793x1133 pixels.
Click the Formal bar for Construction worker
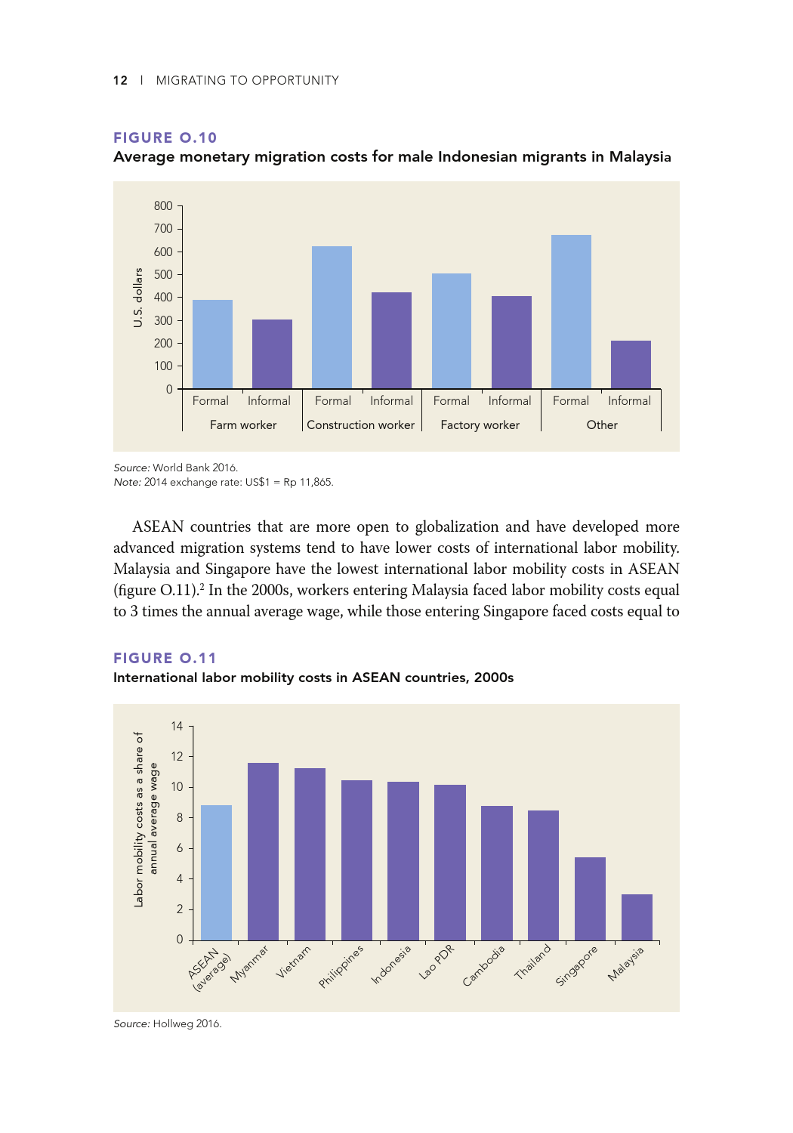332,317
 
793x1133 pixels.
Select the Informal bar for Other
631,365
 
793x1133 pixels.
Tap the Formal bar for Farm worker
212,344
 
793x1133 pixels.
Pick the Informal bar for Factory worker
511,342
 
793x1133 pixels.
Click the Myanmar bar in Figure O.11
263,851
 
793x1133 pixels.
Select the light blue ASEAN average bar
216,872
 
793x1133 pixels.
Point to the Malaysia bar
637,917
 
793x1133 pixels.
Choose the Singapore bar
590,899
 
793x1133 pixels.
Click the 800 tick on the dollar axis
163,205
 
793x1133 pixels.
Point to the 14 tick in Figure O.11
177,726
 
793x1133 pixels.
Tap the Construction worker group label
360,425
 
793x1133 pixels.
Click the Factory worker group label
480,425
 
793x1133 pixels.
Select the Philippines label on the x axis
341,966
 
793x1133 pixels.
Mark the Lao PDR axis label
437,962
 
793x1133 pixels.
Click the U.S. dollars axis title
138,297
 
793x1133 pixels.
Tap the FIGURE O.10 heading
165,137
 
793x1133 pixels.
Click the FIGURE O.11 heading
165,658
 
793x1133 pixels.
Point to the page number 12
120,80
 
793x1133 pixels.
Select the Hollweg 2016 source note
168,1023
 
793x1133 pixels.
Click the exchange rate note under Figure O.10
223,482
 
